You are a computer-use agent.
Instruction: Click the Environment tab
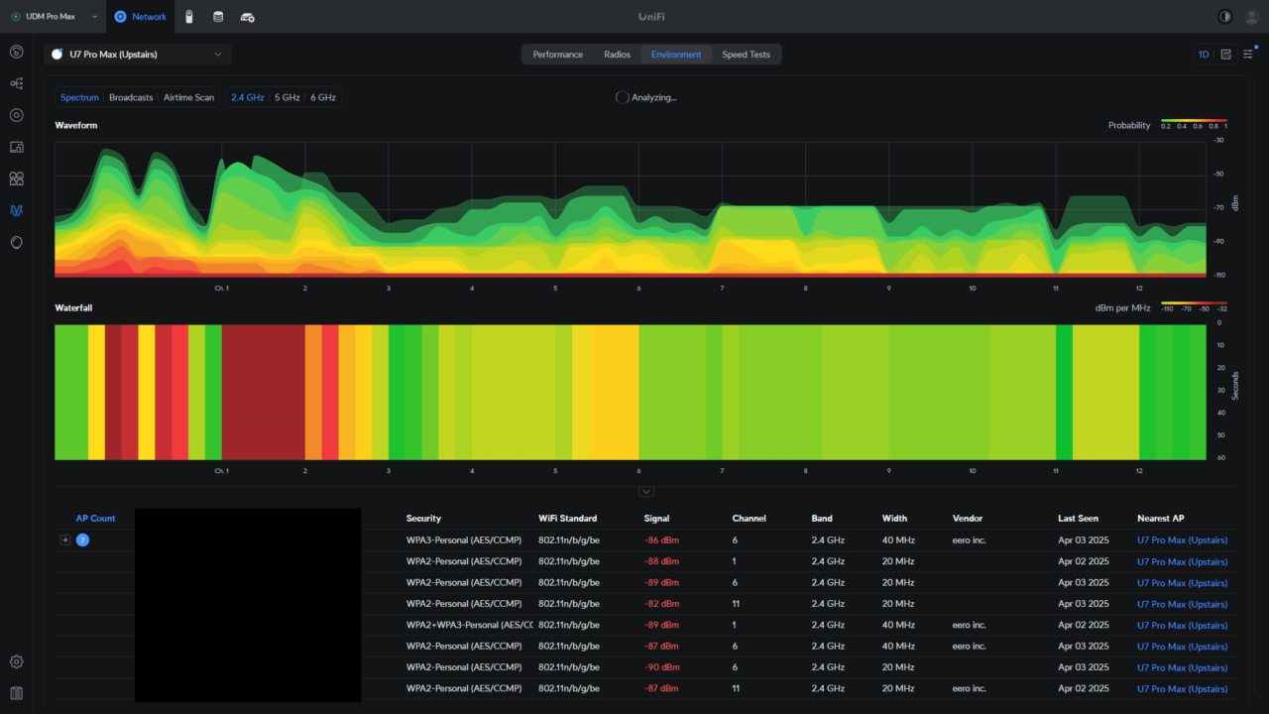(676, 55)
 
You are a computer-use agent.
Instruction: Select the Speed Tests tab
(746, 55)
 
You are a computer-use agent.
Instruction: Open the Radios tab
(617, 55)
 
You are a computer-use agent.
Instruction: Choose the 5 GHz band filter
(287, 97)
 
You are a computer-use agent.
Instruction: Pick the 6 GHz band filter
(323, 97)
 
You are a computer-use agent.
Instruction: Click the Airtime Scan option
(188, 97)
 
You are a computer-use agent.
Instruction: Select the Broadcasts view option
(131, 97)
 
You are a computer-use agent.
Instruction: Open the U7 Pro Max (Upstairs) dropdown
(138, 55)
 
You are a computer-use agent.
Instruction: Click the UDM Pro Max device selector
(55, 17)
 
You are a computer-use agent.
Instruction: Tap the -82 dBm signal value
(663, 604)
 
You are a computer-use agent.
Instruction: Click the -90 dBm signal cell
(663, 667)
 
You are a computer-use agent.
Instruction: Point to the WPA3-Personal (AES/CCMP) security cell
(464, 540)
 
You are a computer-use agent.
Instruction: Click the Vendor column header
(967, 518)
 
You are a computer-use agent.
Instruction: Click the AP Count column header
(95, 518)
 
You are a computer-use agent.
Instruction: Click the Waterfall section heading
(73, 308)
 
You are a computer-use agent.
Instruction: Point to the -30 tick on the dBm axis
(1217, 141)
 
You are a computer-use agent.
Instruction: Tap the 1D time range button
(1203, 55)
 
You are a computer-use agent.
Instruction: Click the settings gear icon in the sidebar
(17, 661)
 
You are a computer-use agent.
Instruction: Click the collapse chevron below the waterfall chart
(646, 491)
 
